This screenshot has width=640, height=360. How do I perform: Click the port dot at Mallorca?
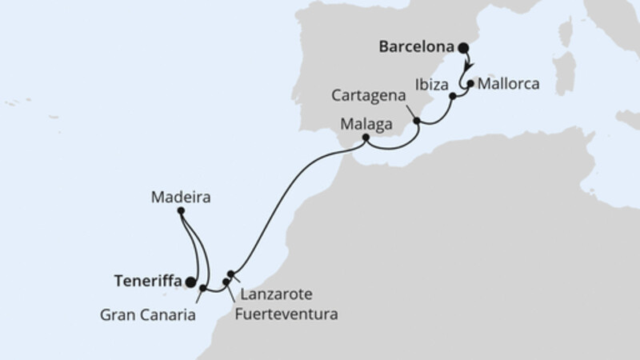pos(471,82)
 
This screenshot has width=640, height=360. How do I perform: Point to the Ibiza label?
pos(430,82)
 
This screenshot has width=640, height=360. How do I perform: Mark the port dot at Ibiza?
pos(453,97)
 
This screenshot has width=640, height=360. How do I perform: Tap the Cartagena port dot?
pos(416,121)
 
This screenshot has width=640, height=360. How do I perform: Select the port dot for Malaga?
pos(366,138)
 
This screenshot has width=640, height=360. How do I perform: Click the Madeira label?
pos(180,195)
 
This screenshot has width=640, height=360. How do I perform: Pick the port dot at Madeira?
pos(181,211)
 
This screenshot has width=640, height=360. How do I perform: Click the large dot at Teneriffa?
pos(190,282)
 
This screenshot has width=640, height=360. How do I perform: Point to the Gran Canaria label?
pos(148,315)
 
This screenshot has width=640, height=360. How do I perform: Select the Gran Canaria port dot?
pos(202,288)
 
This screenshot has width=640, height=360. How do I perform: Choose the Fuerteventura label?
pos(286,314)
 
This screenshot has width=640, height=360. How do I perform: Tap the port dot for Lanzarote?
pos(230,274)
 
